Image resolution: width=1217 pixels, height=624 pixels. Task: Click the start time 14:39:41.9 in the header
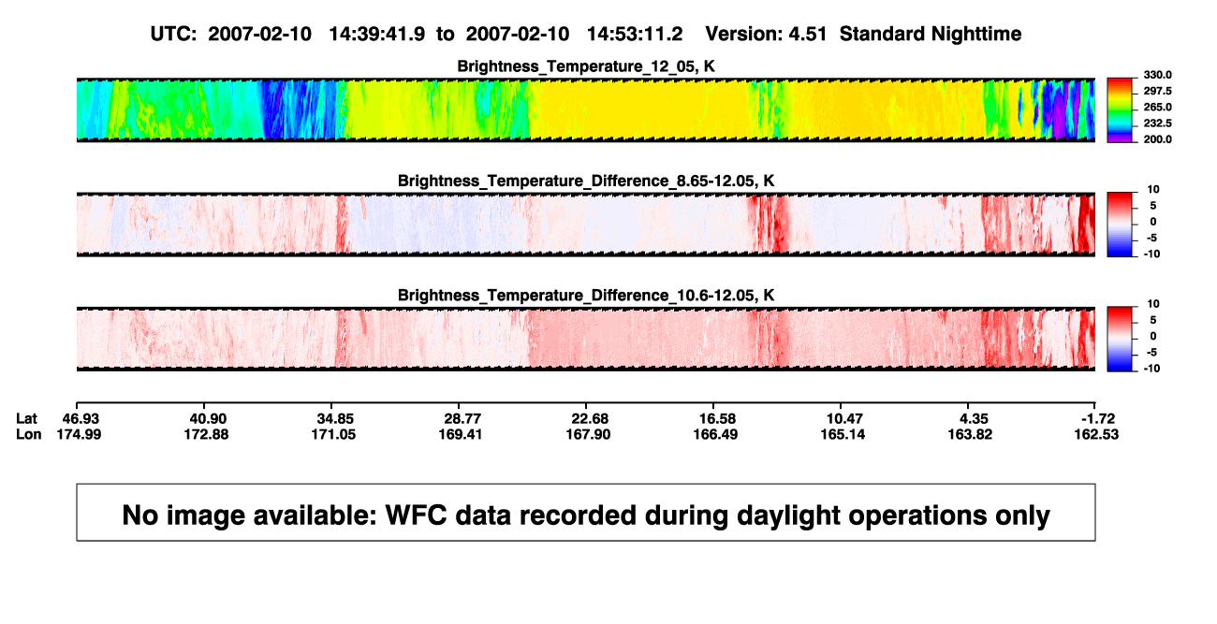pyautogui.click(x=377, y=35)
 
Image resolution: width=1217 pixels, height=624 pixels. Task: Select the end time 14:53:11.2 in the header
pyautogui.click(x=635, y=35)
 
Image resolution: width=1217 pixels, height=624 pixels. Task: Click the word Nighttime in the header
pyautogui.click(x=975, y=35)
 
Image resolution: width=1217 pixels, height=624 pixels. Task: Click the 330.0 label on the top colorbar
pyautogui.click(x=1157, y=75)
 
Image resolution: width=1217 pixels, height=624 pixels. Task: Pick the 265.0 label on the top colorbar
pyautogui.click(x=1157, y=107)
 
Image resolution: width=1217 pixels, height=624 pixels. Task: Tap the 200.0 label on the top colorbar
pyautogui.click(x=1157, y=139)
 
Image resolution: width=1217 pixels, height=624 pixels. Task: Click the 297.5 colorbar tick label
pyautogui.click(x=1157, y=91)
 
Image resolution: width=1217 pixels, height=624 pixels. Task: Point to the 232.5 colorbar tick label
pyautogui.click(x=1157, y=123)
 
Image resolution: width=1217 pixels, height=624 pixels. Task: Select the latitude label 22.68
pyautogui.click(x=589, y=419)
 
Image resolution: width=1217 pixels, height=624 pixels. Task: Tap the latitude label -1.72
pyautogui.click(x=1097, y=419)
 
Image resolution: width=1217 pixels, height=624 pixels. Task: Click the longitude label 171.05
pyautogui.click(x=333, y=434)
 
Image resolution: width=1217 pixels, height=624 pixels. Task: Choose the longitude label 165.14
pyautogui.click(x=843, y=434)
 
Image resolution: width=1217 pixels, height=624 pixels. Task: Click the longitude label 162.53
pyautogui.click(x=1096, y=434)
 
